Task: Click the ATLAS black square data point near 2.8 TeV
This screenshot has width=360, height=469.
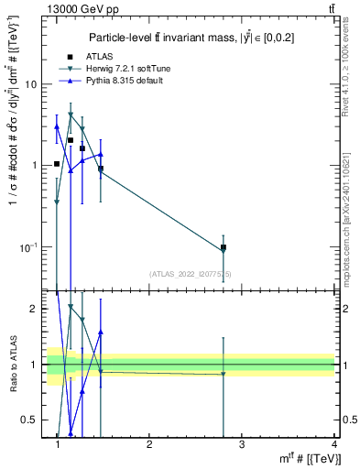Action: click(224, 247)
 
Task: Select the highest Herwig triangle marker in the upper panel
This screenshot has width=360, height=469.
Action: click(71, 115)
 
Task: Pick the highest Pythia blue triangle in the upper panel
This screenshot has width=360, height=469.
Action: click(57, 126)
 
